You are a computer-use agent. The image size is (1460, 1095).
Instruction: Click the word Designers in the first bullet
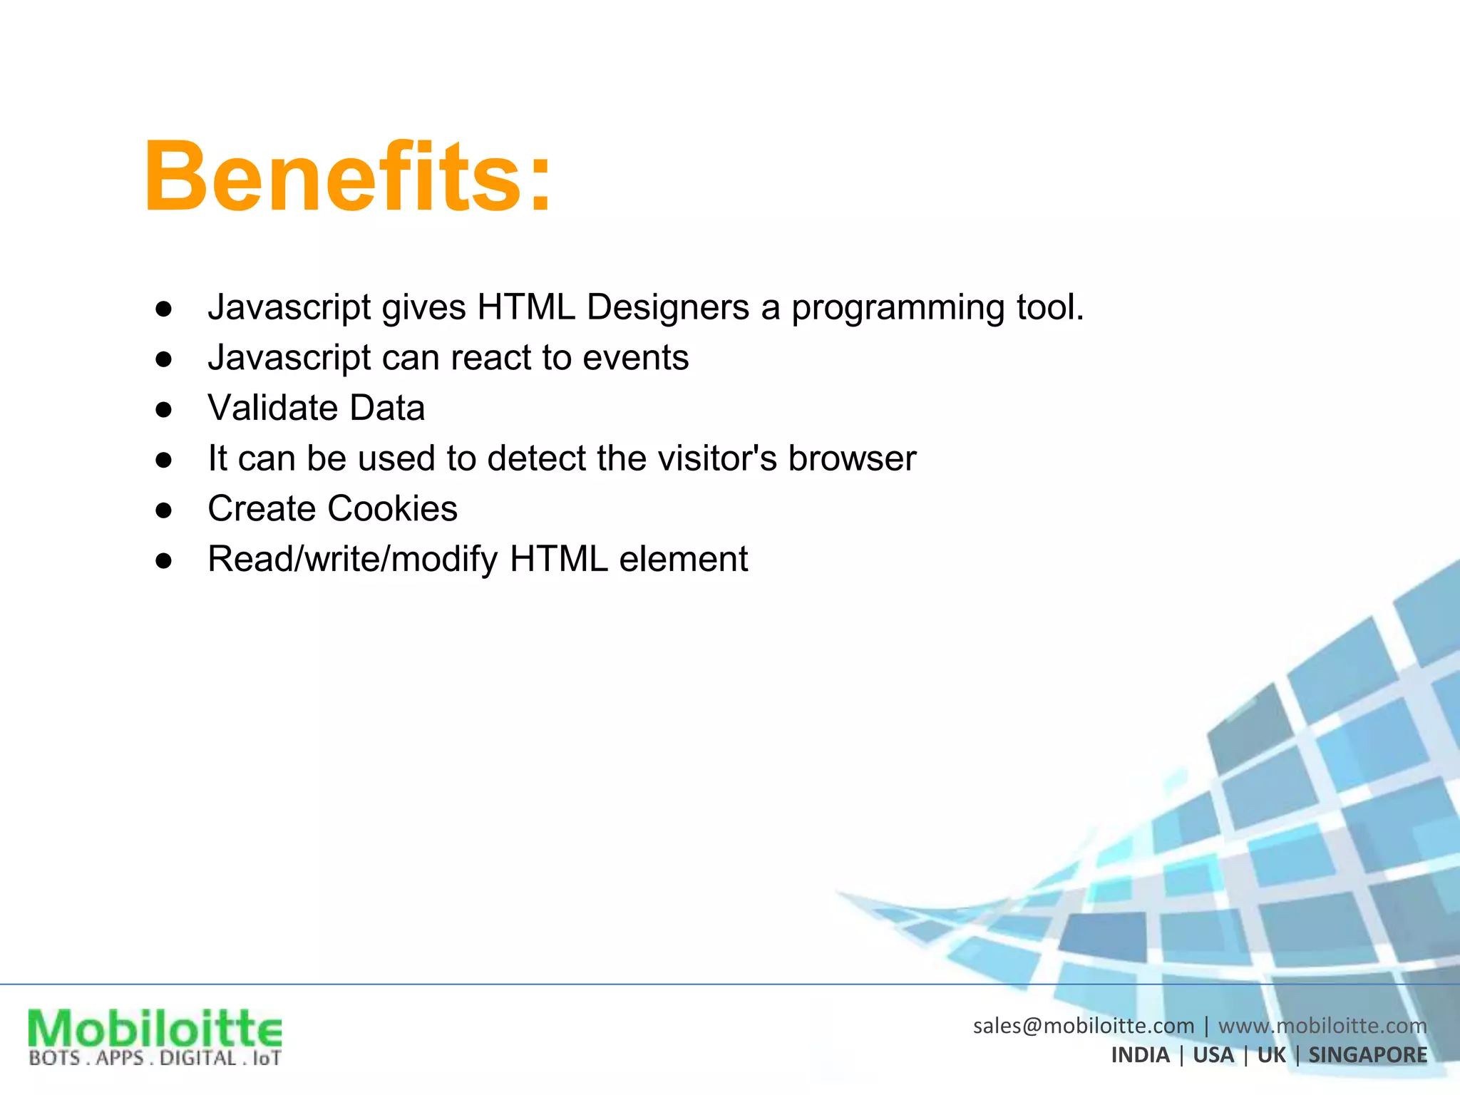668,308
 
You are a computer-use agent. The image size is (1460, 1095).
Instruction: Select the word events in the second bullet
635,358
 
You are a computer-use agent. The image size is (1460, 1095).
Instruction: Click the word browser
852,458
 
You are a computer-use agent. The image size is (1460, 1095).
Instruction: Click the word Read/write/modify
352,560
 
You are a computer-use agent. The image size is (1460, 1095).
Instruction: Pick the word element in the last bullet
683,560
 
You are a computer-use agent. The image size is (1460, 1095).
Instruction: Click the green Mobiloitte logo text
155,1029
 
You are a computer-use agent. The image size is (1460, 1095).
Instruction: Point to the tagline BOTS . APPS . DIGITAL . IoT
155,1058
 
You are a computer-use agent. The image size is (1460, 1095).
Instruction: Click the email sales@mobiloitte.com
1083,1026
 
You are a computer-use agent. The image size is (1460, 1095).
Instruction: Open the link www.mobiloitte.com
1322,1026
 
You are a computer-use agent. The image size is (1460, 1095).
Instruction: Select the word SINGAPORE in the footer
1367,1055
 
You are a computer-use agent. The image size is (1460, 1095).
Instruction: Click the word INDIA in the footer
1140,1055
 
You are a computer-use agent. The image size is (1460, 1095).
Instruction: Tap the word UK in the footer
1271,1055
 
